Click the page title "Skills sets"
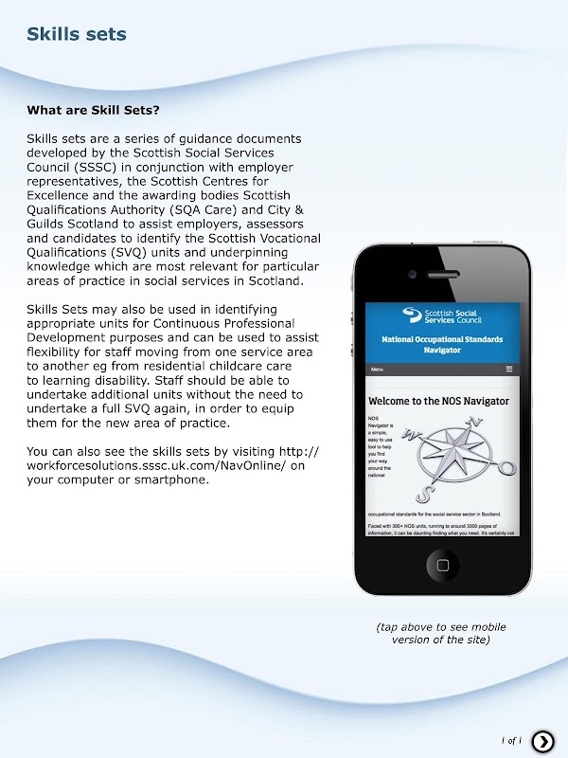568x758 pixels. [77, 35]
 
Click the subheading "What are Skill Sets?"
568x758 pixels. [93, 110]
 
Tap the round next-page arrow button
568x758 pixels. [542, 741]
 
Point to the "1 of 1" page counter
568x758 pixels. [511, 741]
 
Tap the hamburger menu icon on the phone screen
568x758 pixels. [509, 369]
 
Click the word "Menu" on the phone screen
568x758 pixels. [377, 369]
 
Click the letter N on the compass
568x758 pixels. [476, 423]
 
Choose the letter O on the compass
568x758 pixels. [506, 468]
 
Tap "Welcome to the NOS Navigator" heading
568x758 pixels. [438, 401]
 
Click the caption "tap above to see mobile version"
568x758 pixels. [441, 633]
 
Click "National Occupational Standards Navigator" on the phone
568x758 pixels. [442, 344]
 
